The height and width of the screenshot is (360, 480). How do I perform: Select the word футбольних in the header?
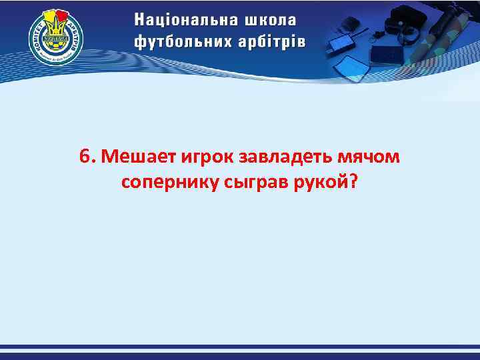(182, 42)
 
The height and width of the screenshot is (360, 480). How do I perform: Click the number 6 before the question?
(83, 157)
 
